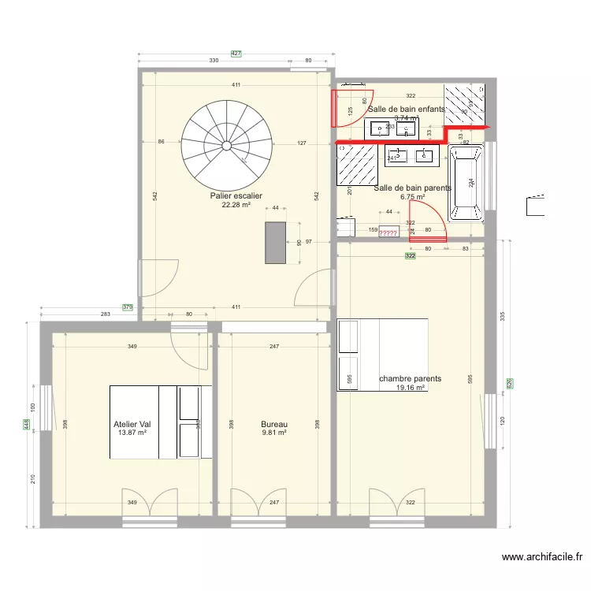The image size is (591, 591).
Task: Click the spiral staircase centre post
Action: [226, 145]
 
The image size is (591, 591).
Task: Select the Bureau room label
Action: [273, 424]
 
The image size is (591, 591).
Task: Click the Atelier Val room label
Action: [132, 424]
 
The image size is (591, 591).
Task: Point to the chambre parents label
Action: [410, 379]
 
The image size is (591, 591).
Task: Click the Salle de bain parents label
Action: [412, 188]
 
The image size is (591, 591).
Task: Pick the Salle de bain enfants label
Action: [406, 110]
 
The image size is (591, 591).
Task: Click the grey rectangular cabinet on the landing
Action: [275, 243]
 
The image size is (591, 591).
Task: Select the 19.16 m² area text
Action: [411, 388]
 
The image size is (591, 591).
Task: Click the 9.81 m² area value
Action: [273, 433]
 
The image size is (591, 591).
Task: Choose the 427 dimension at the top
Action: [236, 54]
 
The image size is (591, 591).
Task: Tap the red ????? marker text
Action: [388, 233]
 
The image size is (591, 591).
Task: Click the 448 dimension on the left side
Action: [27, 425]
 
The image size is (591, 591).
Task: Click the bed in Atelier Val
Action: [160, 422]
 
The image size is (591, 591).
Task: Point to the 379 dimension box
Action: [127, 307]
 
